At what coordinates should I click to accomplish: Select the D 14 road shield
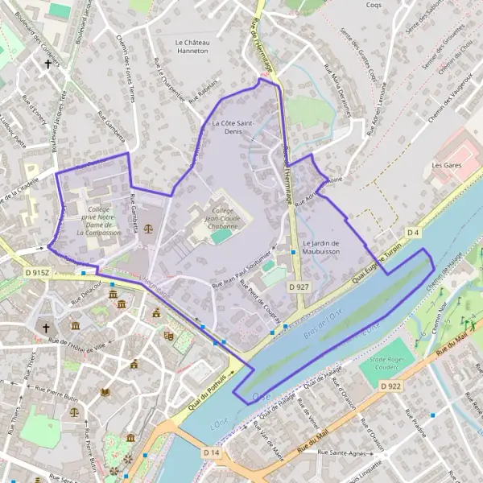coord(212,453)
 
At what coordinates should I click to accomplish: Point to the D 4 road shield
coord(413,233)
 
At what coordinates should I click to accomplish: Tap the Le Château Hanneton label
coord(192,45)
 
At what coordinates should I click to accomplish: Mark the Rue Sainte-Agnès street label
coord(343,453)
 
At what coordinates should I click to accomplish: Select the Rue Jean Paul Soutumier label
coord(239,275)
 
